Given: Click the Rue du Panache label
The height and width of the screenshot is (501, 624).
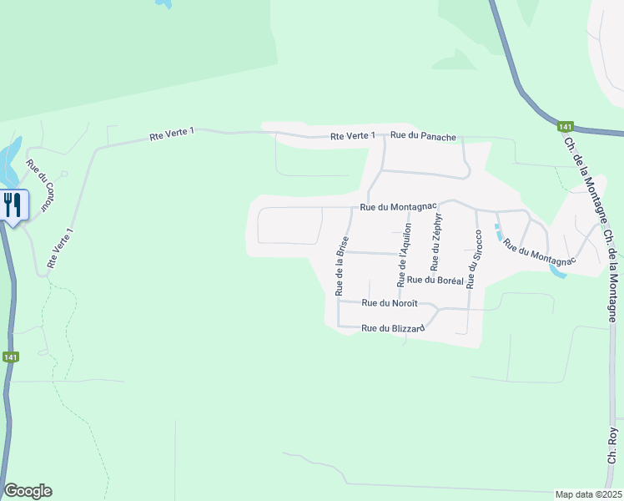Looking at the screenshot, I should (423, 135).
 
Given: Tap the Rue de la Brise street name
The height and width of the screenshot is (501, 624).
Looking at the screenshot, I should (340, 266).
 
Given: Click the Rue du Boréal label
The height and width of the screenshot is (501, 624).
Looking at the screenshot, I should (435, 281).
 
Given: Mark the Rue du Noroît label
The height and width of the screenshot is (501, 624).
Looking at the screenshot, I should (390, 303).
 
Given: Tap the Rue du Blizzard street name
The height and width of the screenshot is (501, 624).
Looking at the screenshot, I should (393, 328).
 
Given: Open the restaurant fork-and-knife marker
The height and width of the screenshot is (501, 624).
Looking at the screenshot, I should (13, 205).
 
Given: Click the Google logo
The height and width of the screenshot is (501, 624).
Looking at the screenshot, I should (28, 491).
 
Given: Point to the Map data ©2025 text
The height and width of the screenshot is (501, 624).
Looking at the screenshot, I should (588, 494).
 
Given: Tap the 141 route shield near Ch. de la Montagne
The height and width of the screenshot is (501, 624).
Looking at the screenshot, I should (566, 127).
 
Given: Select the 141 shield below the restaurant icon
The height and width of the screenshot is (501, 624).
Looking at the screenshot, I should (10, 357).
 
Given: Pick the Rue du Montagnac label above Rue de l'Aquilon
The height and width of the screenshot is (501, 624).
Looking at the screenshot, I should (399, 206).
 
